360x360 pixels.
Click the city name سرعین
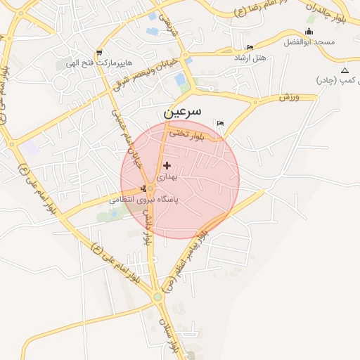(x=182, y=111)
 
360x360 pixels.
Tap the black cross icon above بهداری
(x=167, y=165)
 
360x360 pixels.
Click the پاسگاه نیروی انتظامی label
(x=144, y=200)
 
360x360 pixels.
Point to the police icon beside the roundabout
(x=144, y=188)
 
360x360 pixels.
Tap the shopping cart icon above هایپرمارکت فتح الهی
(x=98, y=53)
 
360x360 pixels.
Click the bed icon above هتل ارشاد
(x=250, y=47)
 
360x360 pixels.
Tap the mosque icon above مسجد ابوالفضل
(x=310, y=32)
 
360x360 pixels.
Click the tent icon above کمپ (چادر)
(x=345, y=71)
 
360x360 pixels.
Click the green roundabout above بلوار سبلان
(x=157, y=297)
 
